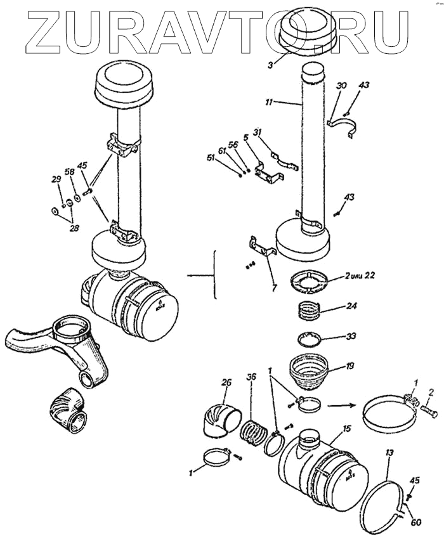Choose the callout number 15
(x=347, y=429)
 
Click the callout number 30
(x=341, y=85)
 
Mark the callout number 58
(x=69, y=172)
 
